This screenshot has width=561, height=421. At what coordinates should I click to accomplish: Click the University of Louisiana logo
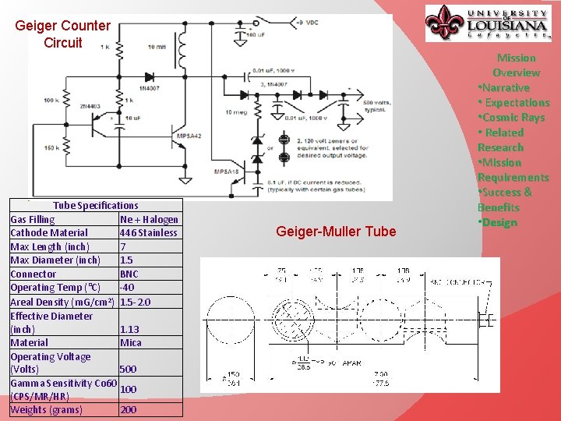click(488, 23)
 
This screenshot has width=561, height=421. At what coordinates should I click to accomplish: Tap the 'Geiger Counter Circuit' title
click(62, 34)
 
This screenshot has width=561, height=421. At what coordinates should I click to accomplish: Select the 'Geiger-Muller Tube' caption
click(336, 232)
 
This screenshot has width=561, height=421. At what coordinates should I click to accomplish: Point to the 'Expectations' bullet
click(515, 102)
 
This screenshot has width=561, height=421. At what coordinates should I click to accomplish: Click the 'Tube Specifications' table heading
click(96, 205)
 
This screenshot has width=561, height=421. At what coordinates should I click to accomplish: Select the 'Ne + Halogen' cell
click(149, 219)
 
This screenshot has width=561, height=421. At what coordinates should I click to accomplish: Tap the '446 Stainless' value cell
click(149, 232)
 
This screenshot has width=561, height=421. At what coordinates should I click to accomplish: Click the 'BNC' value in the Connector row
click(129, 274)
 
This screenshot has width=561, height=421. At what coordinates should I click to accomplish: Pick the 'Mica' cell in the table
click(131, 342)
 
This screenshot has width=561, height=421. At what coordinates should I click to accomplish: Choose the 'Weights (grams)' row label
click(46, 409)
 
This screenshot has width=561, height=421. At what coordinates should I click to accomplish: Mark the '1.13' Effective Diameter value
click(130, 329)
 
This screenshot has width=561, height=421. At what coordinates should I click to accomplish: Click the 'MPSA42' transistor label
click(189, 136)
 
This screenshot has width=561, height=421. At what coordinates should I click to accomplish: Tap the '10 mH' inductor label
click(156, 48)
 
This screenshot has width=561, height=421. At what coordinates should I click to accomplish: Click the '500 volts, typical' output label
click(376, 106)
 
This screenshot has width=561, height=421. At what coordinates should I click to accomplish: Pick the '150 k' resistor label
click(51, 147)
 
